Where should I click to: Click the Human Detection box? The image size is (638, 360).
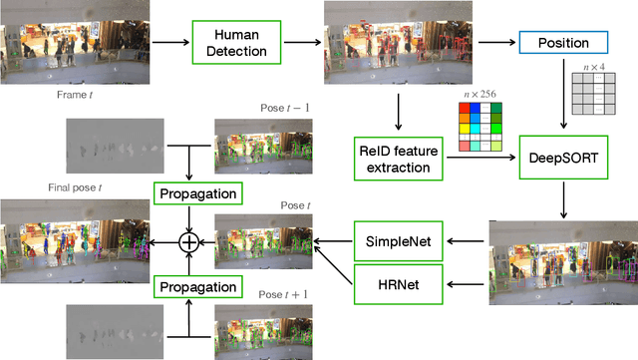coord(231,43)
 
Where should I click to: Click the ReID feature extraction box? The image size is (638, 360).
coord(399,158)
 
